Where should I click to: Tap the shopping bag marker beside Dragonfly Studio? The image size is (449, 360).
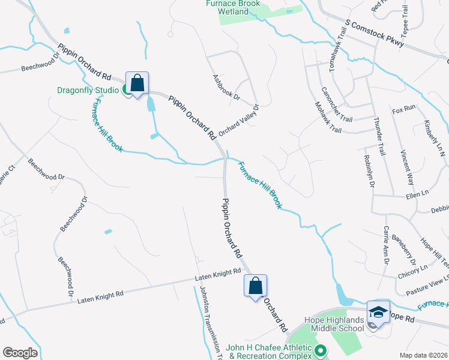[137, 83]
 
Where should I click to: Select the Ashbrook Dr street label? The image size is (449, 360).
[226, 88]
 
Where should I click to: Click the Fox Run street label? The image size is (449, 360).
[403, 109]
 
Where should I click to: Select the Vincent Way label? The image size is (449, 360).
[408, 167]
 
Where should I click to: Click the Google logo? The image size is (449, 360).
[20, 353]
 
